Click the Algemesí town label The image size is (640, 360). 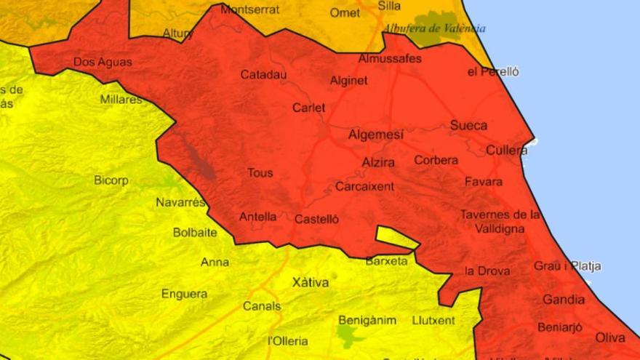(375, 135)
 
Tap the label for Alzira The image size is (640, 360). (378, 162)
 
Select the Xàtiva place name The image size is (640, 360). (310, 281)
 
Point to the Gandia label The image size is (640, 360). (564, 300)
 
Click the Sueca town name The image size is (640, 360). (468, 125)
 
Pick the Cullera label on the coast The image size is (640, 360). (506, 151)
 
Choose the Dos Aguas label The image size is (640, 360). (103, 63)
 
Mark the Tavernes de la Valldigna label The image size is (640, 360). (500, 221)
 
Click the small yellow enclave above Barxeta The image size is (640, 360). (396, 237)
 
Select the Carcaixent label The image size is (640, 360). (364, 187)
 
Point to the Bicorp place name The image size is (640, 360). (111, 180)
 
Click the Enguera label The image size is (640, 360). (184, 294)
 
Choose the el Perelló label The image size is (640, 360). (493, 71)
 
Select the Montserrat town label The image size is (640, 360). (249, 10)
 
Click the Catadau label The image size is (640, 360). (263, 74)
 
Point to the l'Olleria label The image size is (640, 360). (288, 340)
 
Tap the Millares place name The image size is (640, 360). (121, 99)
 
